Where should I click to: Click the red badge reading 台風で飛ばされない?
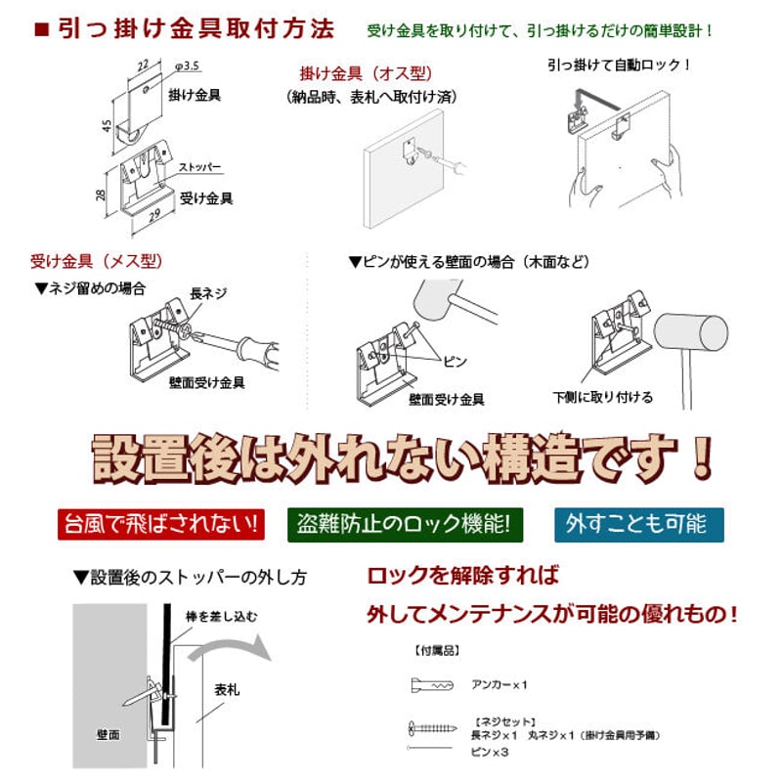(161, 524)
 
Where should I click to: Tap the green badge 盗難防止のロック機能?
(405, 524)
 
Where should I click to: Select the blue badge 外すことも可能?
(638, 524)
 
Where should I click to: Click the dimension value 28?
(101, 195)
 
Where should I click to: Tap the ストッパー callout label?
(199, 168)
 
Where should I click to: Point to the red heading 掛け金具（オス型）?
(365, 74)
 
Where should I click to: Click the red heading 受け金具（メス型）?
(96, 261)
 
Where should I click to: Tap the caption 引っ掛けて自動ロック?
(619, 65)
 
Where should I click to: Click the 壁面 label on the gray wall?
(108, 733)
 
